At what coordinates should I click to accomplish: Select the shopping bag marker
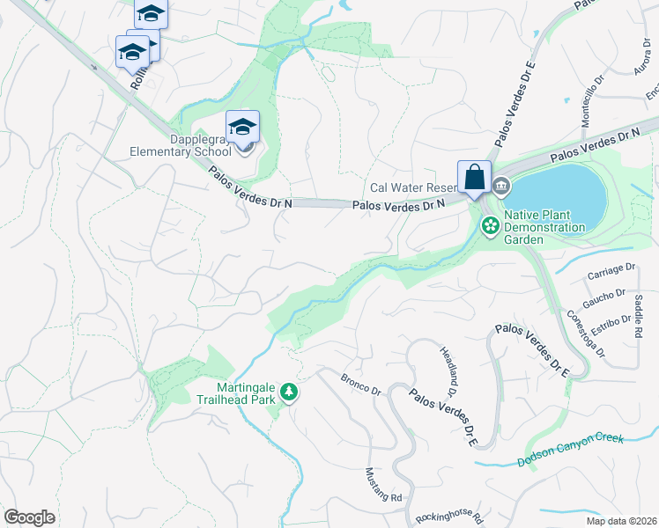[474, 177]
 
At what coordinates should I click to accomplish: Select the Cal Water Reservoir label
[413, 187]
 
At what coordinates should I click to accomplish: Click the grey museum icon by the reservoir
[501, 186]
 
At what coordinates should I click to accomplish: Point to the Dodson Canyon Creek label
[570, 449]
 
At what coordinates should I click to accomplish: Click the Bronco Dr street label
[360, 384]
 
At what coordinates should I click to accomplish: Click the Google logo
[29, 517]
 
